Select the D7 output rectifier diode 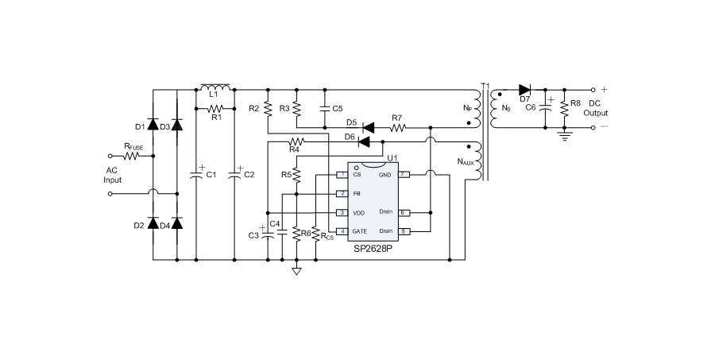coord(524,89)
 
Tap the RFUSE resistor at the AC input coord(132,156)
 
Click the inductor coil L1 coord(214,87)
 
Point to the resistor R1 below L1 coord(214,108)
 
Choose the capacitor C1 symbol coord(195,174)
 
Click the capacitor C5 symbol coord(324,107)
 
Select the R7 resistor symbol coord(397,126)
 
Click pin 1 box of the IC coord(342,174)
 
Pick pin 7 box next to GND coord(404,174)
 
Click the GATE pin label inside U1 coord(360,231)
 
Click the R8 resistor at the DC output coord(565,106)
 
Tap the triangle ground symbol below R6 coord(296,271)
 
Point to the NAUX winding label coord(466,163)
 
